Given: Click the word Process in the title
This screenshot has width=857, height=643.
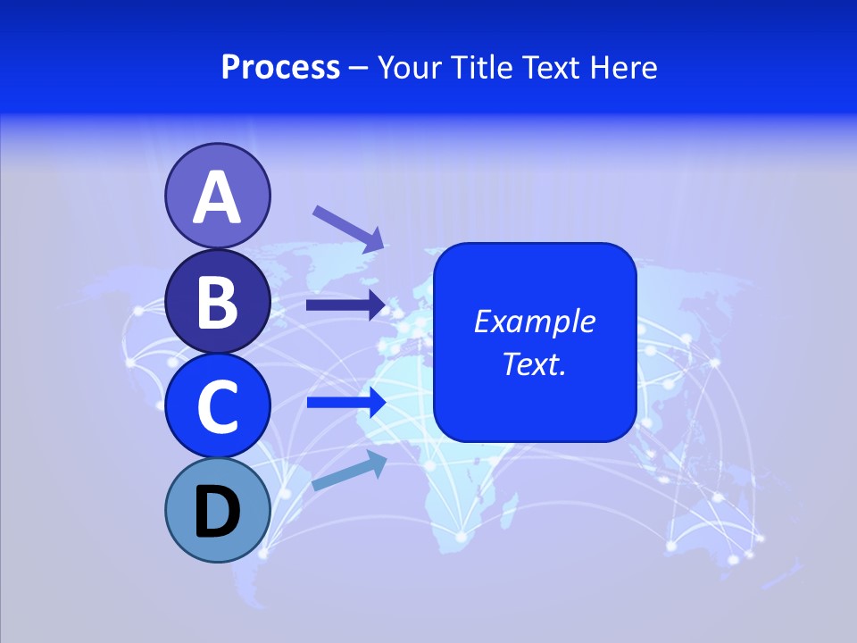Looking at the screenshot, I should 280,67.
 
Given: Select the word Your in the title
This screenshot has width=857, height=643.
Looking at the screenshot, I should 411,67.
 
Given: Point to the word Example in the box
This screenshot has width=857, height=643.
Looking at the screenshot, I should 535,321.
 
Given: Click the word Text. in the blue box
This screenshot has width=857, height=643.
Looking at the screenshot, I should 535,364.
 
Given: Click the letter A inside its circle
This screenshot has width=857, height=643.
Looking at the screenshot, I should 217,197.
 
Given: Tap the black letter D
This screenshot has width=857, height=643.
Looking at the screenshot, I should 217,512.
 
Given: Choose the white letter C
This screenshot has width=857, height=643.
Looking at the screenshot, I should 217,406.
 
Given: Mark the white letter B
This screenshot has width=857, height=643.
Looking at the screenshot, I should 217,302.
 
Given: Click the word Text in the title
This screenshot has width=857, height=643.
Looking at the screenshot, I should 550,67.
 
